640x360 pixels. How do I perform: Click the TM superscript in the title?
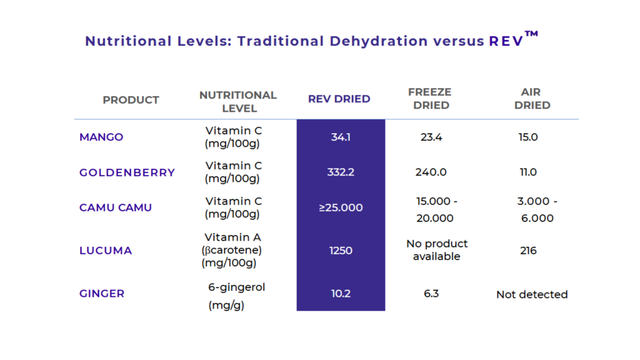tap(531, 35)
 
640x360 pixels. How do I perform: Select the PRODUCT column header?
tap(131, 100)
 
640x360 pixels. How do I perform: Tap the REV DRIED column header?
tap(339, 99)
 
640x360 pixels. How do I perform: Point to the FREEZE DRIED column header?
tap(431, 99)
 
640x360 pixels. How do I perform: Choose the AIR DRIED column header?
tap(532, 99)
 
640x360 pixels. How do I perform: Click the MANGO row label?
tap(101, 137)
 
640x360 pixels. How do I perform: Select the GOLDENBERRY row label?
tap(127, 172)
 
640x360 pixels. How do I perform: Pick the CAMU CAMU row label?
tap(116, 207)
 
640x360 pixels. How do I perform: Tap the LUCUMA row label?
tap(106, 251)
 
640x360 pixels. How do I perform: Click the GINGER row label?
tap(102, 293)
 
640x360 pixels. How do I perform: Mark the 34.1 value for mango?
tap(341, 137)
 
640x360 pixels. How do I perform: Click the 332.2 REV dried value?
tap(341, 172)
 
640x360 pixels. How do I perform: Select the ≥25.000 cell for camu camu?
tap(341, 207)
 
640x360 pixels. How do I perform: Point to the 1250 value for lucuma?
tap(341, 251)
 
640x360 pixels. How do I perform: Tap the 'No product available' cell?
tap(436, 250)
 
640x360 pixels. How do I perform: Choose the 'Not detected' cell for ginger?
tap(532, 294)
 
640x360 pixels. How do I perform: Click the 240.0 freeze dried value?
tap(431, 172)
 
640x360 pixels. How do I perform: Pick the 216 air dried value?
tap(528, 251)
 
